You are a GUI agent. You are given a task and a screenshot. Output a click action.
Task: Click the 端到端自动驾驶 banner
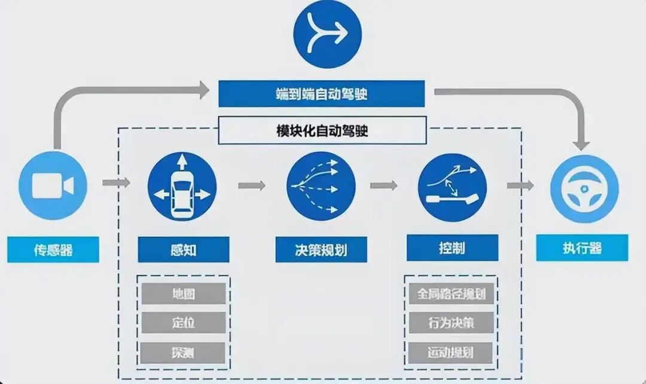(321, 94)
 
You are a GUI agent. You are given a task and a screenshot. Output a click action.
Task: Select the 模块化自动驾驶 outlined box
(322, 130)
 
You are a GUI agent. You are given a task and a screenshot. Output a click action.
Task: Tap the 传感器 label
(53, 249)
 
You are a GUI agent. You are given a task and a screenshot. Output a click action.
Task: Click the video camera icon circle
(53, 186)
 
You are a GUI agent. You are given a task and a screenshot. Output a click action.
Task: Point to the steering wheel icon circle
(582, 187)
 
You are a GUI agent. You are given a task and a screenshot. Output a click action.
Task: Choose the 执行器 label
(582, 248)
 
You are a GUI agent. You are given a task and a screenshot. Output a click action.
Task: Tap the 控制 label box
(452, 248)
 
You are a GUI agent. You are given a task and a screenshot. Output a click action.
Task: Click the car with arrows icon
(182, 185)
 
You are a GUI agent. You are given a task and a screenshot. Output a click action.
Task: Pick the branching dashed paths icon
(321, 186)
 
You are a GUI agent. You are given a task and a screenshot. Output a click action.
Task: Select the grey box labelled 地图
(183, 294)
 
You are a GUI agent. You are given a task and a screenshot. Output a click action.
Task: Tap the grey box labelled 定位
(183, 323)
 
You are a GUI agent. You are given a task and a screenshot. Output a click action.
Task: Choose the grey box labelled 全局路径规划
(452, 294)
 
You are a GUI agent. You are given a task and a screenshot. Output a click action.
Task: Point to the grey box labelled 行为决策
(452, 323)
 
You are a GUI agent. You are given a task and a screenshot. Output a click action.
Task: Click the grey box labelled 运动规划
(452, 353)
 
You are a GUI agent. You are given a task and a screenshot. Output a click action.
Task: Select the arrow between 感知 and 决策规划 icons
(252, 185)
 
